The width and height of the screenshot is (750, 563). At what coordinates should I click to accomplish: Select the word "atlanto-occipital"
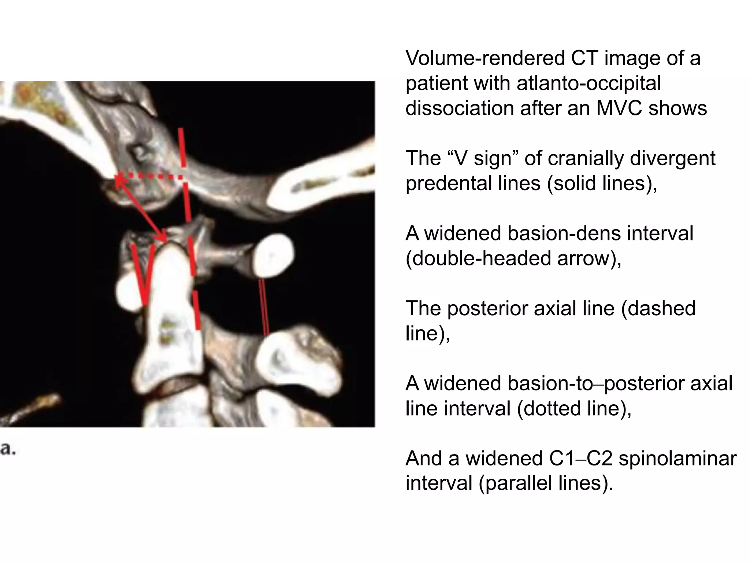tap(589, 84)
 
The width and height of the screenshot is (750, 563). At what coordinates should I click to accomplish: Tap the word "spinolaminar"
tap(677, 459)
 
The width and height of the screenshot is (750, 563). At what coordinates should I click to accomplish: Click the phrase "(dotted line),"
tap(574, 408)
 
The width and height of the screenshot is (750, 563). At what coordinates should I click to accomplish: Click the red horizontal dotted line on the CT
tap(150, 177)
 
